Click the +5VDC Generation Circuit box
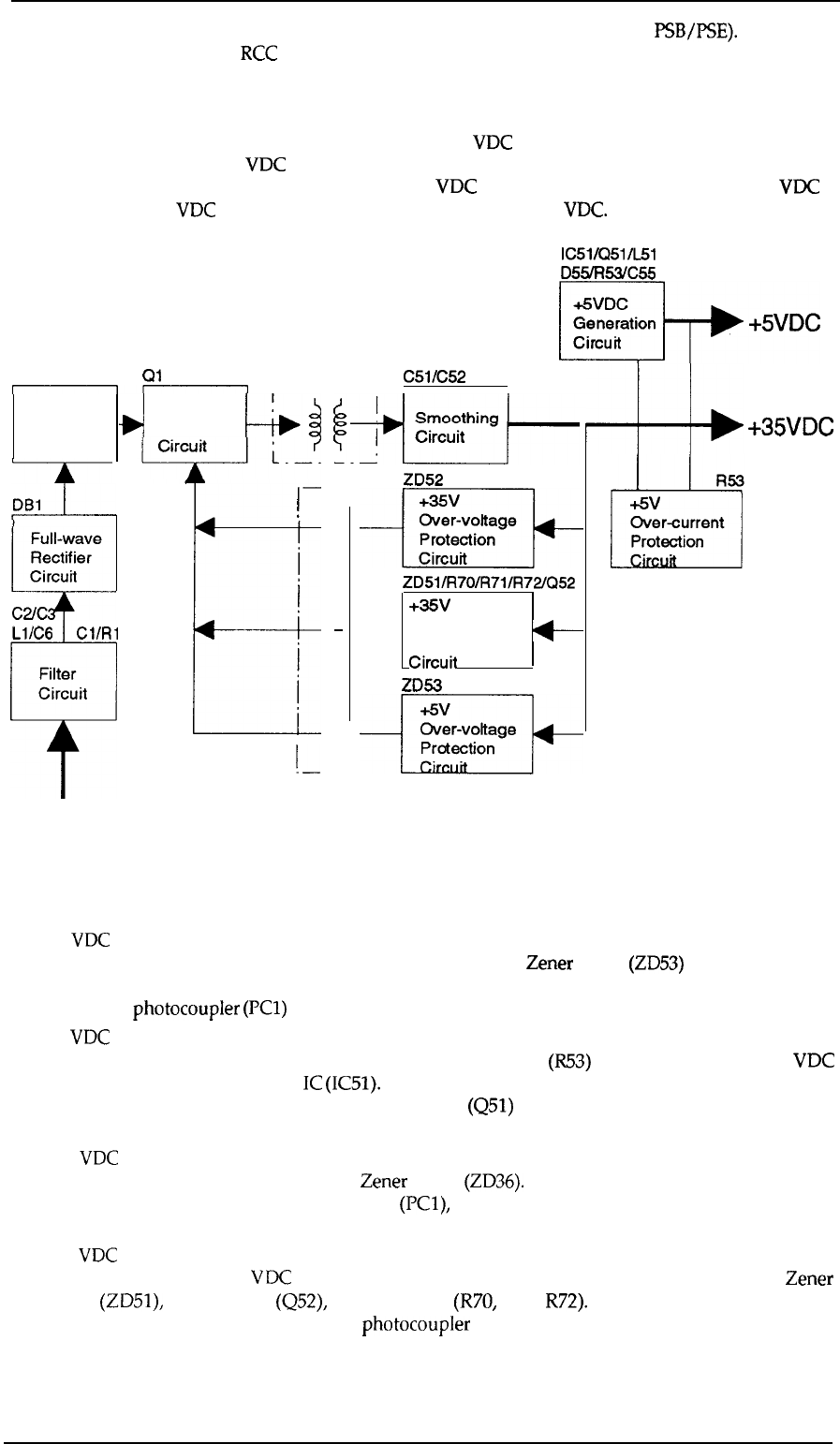(x=612, y=320)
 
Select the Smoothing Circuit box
(x=455, y=427)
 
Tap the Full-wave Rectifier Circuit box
(x=63, y=553)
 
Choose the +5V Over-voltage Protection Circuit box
(x=466, y=733)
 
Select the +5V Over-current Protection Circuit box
(x=675, y=528)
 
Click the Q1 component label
(x=152, y=374)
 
